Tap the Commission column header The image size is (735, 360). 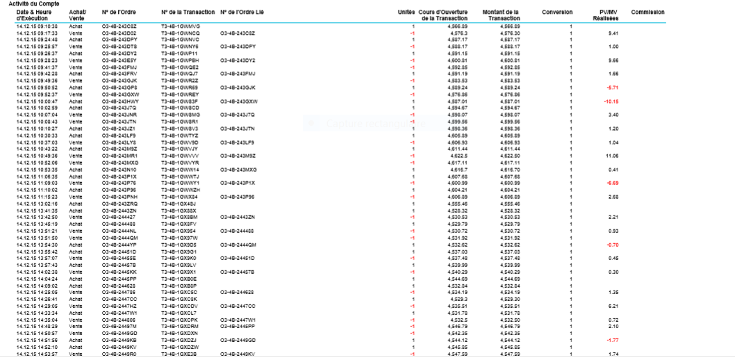tap(647, 13)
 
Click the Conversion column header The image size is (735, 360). tap(557, 13)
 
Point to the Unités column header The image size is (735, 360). tap(406, 13)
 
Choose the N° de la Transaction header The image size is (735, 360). tap(187, 13)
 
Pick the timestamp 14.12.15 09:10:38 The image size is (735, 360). tap(37, 26)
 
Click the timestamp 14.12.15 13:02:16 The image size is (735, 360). tap(37, 204)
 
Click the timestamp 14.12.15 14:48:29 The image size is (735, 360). tap(37, 326)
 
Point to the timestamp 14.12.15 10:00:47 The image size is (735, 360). tap(37, 101)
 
